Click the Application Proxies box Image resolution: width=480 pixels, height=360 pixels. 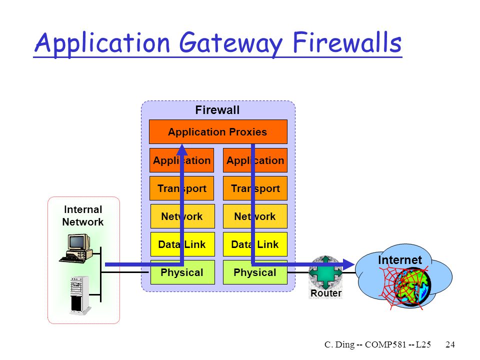pos(218,131)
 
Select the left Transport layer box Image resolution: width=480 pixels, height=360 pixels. pos(182,188)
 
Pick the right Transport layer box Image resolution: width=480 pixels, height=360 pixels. pos(255,188)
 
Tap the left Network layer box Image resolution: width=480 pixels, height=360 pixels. pos(182,216)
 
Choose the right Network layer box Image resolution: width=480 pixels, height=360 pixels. pos(255,216)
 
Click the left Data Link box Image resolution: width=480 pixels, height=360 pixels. pos(182,244)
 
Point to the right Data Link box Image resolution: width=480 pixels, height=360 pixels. pos(255,244)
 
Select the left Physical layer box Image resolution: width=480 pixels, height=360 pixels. pos(182,272)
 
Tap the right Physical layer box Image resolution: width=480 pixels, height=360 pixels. pos(255,272)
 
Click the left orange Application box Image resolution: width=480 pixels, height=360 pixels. pos(182,160)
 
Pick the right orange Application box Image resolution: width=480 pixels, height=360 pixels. pos(255,160)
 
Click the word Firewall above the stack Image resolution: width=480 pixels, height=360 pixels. pos(217,110)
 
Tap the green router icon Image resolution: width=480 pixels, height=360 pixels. pos(325,272)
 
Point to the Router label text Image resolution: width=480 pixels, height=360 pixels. pos(325,293)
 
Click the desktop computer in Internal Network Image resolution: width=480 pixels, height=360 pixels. pos(76,248)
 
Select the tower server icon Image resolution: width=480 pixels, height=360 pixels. pos(80,295)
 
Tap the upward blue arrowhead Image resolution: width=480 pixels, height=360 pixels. pos(182,149)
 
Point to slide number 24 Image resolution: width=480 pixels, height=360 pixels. pos(450,344)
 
